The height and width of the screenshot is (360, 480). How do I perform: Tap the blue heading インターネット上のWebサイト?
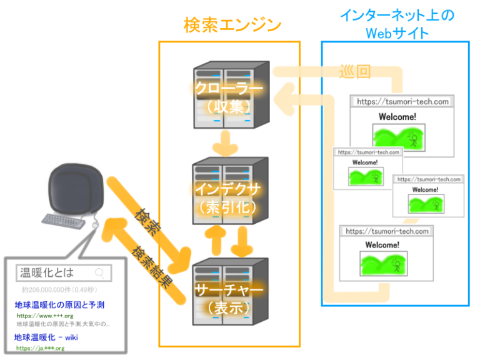(396, 24)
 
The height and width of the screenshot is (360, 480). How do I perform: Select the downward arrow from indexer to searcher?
(243, 241)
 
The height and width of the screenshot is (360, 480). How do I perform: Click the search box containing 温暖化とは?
(62, 272)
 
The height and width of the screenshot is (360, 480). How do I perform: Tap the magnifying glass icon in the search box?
(99, 272)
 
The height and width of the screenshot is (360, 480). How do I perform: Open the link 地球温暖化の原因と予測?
(59, 305)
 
